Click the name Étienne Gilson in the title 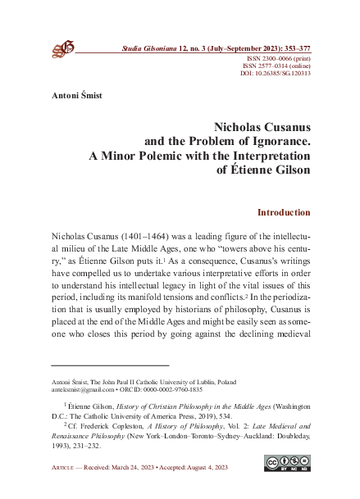269,170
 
